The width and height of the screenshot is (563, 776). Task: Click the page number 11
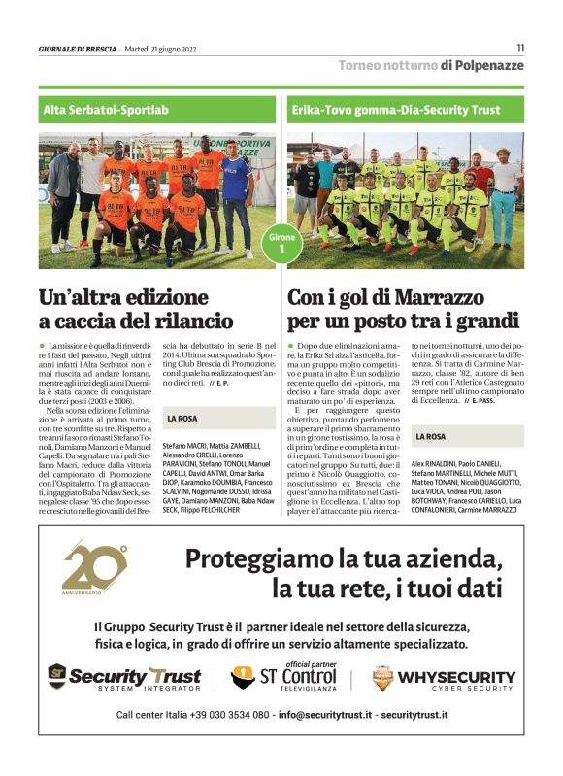pyautogui.click(x=520, y=47)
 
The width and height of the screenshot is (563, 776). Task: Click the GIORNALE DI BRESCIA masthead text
pyautogui.click(x=76, y=48)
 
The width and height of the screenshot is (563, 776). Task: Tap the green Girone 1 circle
pyautogui.click(x=281, y=243)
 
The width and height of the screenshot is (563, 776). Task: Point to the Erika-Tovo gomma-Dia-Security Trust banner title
pyautogui.click(x=396, y=110)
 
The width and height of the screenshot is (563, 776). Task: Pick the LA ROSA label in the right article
pyautogui.click(x=431, y=437)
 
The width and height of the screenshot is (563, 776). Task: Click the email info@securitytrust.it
pyautogui.click(x=324, y=715)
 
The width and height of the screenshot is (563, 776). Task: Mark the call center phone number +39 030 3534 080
pyautogui.click(x=220, y=715)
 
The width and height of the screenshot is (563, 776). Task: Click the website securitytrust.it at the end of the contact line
pyautogui.click(x=414, y=715)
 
